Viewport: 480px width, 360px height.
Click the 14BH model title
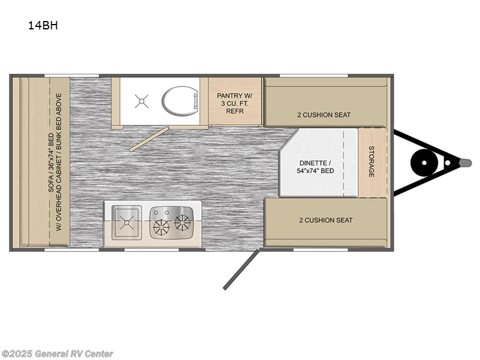[x=43, y=25]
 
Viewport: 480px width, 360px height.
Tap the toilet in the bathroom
[x=179, y=101]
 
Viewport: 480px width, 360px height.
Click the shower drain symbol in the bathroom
[x=142, y=101]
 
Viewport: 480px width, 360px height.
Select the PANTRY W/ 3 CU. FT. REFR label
[x=235, y=103]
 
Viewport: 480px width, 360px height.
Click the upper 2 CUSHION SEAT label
[x=324, y=115]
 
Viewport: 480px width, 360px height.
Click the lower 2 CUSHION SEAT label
[x=326, y=220]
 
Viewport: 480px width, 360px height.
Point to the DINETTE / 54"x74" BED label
[x=316, y=167]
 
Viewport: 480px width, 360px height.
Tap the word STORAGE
[x=371, y=161]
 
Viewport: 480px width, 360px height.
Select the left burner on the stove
[x=161, y=228]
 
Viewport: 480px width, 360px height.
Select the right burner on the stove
[x=182, y=222]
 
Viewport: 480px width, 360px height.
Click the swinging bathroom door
[x=149, y=139]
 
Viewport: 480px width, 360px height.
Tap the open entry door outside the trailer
[x=241, y=269]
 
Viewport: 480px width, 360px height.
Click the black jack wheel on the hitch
[x=424, y=163]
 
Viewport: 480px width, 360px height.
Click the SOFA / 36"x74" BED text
[x=51, y=163]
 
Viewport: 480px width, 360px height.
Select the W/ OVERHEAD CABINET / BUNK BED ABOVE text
[x=59, y=162]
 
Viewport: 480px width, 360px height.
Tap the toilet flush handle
[x=195, y=101]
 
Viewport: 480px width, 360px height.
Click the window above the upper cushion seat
[x=314, y=76]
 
